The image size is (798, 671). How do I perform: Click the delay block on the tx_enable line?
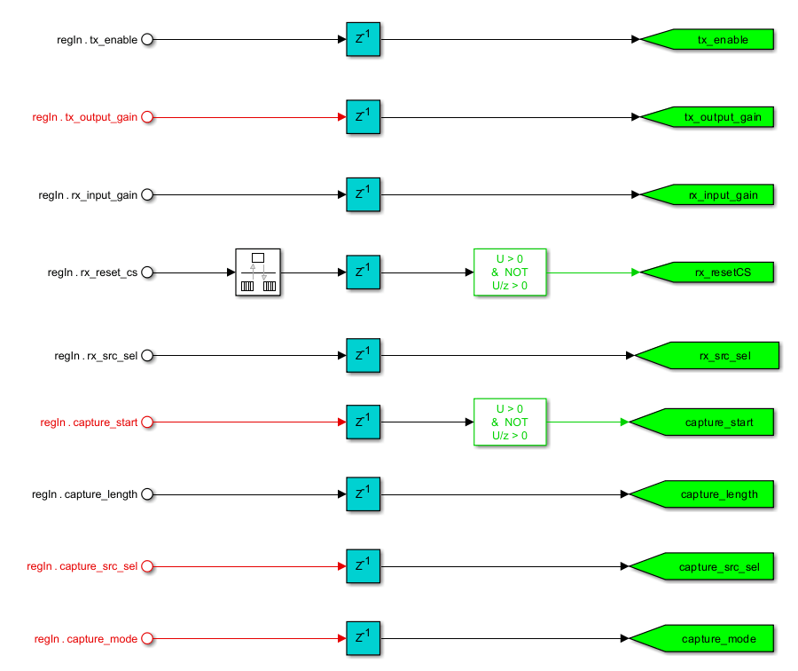click(x=363, y=40)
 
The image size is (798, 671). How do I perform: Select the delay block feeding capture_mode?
click(x=363, y=638)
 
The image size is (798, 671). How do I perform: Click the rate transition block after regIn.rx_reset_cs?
click(x=258, y=272)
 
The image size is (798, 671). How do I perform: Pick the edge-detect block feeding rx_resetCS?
click(x=510, y=272)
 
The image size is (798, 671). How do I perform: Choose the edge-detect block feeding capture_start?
click(x=510, y=422)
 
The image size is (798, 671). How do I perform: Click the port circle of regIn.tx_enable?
click(x=148, y=40)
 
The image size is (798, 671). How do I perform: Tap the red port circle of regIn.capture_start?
click(x=148, y=422)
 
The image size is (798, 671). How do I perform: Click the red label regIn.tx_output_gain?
click(x=85, y=117)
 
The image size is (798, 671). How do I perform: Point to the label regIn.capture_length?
click(x=85, y=494)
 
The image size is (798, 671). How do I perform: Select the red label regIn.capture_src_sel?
click(x=82, y=566)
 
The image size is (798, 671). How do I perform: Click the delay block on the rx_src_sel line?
click(x=363, y=356)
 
